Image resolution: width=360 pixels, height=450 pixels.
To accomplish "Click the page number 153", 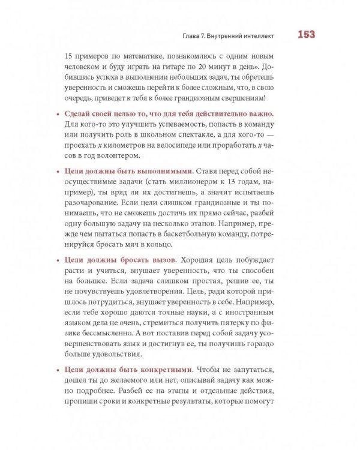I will tap(307, 34).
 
